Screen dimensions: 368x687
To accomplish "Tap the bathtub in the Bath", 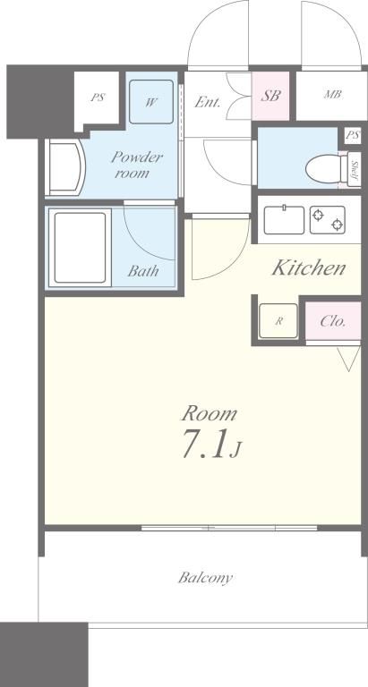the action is pyautogui.click(x=80, y=248).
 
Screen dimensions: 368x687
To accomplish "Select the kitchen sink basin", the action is pyautogui.click(x=284, y=220).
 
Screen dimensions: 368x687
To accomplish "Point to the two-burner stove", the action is pyautogui.click(x=327, y=220).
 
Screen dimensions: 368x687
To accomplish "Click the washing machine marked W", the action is pyautogui.click(x=151, y=102).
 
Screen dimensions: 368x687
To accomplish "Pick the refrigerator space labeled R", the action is pyautogui.click(x=278, y=321).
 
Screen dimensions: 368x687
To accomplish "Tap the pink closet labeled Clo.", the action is pyautogui.click(x=333, y=321).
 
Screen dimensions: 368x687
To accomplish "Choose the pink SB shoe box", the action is pyautogui.click(x=270, y=96).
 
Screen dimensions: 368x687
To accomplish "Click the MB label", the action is pyautogui.click(x=333, y=95).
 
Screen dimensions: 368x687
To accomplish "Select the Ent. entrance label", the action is pyautogui.click(x=208, y=102).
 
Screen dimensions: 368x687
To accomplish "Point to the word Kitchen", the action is pyautogui.click(x=309, y=267).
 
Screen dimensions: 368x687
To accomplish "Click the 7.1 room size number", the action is pyautogui.click(x=205, y=444).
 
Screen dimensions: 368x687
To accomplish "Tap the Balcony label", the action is pyautogui.click(x=205, y=578).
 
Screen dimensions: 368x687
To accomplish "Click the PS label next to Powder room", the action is pyautogui.click(x=98, y=98).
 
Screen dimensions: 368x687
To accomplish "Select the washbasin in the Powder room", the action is pyautogui.click(x=65, y=167).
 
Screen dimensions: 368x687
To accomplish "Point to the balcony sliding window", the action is pyautogui.click(x=229, y=528).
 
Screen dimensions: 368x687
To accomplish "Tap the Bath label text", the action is pyautogui.click(x=143, y=271).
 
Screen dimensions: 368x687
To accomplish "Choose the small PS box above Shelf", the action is pyautogui.click(x=353, y=135).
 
